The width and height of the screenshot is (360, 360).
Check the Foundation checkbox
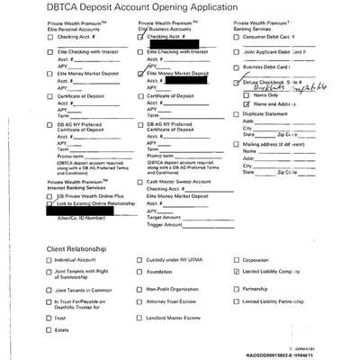(x=140, y=271)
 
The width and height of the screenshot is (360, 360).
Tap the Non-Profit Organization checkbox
(x=140, y=290)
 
